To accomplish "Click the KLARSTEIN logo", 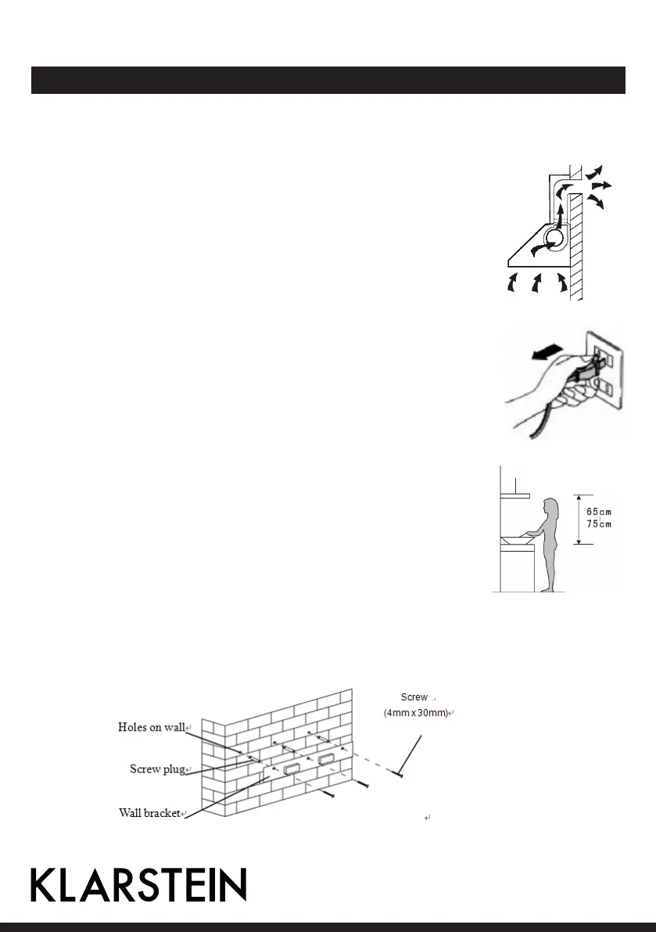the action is point(138,885).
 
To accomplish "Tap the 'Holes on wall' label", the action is point(152,727).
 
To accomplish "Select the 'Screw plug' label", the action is point(157,769).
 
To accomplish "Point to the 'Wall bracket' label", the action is point(149,812).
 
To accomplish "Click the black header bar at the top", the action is point(328,80).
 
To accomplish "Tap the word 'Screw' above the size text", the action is point(414,696).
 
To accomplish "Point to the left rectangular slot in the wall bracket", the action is point(291,768).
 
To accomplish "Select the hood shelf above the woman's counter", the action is point(514,495).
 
